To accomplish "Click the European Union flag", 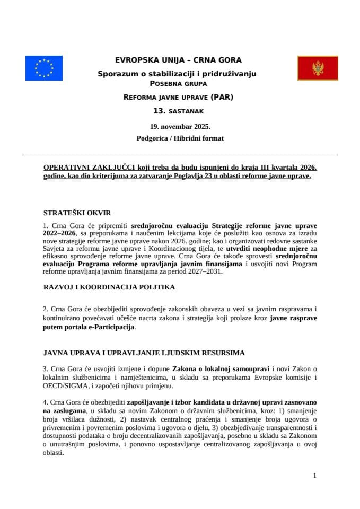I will point(43,68).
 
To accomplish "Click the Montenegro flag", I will point(318,68).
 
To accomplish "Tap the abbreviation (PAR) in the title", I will point(222,98).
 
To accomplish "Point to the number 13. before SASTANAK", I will point(159,111).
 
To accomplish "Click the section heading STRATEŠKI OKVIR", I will point(77,213).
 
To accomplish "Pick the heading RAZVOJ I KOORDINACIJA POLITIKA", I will point(109,287).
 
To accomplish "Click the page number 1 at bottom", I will point(315,476).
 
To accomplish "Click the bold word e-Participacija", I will point(110,327).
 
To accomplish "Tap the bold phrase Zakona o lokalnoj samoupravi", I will point(221,368).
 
